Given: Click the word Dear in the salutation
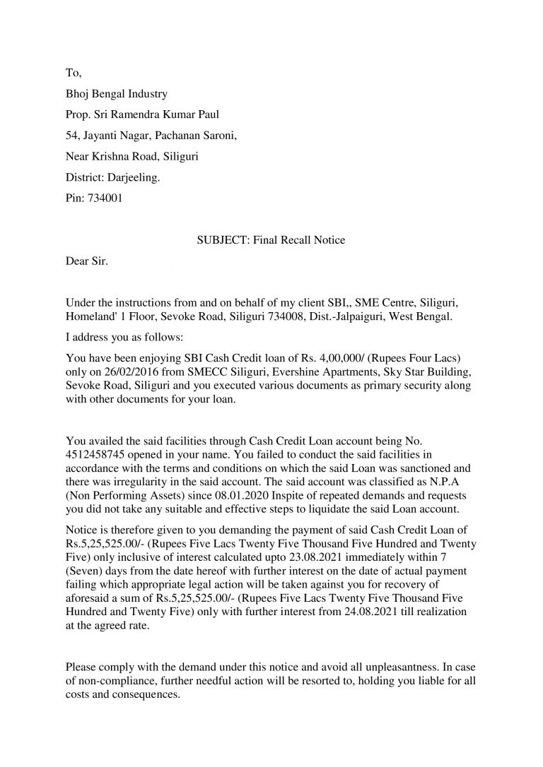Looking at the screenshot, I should pos(77,261).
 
